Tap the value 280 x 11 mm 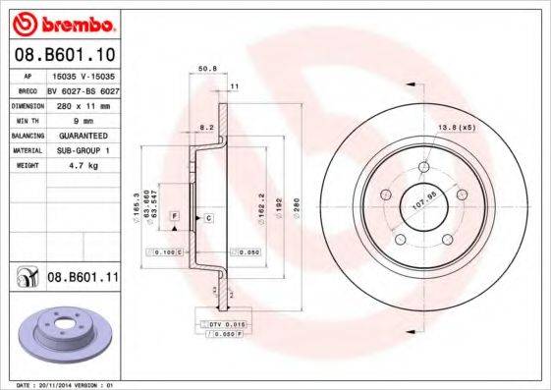tap(82, 104)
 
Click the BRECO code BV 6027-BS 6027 tap(82, 88)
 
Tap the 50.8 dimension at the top tap(207, 70)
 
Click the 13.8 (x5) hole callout tap(456, 129)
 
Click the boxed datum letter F tap(174, 214)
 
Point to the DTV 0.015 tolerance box tap(223, 323)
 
